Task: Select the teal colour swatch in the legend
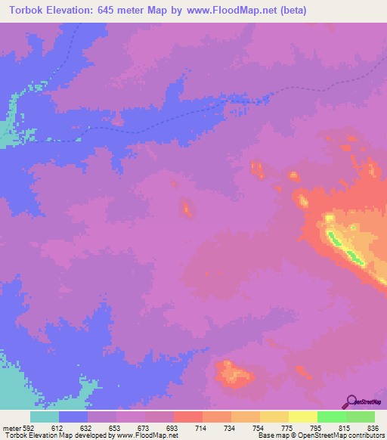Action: coord(45,417)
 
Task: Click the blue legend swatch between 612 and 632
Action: coord(73,417)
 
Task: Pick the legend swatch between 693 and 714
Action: coord(188,417)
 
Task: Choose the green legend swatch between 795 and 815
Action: coord(332,417)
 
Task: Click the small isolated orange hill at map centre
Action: coord(186,207)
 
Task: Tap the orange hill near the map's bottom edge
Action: coord(231,371)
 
